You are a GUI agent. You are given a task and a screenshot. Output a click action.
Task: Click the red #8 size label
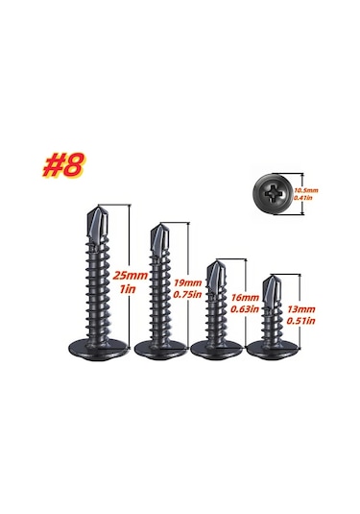click(x=63, y=165)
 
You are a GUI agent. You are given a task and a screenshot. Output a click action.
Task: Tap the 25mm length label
click(x=131, y=276)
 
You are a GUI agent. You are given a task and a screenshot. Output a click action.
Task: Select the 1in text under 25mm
click(x=128, y=289)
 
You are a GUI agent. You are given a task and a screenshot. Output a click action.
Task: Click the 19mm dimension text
click(x=187, y=282)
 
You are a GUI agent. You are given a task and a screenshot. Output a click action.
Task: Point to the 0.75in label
click(x=187, y=294)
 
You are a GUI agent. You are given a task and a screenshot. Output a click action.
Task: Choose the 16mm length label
click(x=245, y=298)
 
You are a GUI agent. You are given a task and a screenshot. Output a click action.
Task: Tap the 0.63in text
click(x=245, y=309)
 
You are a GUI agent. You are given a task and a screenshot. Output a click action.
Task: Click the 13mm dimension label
click(x=301, y=309)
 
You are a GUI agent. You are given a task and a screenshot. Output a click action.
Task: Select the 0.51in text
click(x=301, y=321)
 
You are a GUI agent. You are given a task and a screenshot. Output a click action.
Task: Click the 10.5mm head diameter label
click(x=306, y=190)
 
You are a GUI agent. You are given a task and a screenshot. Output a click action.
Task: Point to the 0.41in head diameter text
click(x=303, y=197)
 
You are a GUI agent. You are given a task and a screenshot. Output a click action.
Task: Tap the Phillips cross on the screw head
click(x=273, y=193)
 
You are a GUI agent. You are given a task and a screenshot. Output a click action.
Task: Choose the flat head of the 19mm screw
click(x=161, y=350)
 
